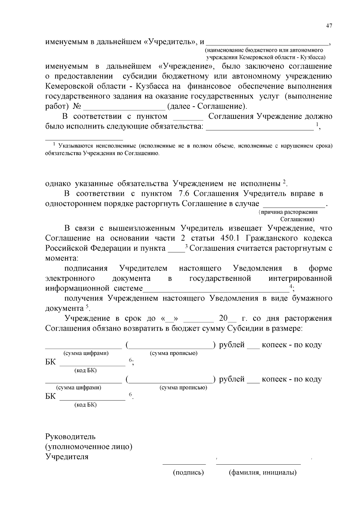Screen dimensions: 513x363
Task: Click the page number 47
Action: [329, 26]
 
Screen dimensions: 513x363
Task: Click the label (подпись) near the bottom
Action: [188, 472]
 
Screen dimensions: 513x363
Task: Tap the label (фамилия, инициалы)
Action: [262, 472]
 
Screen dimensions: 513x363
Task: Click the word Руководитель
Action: [70, 437]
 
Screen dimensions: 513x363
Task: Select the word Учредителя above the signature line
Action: [67, 456]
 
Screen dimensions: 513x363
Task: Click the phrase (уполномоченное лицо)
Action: [89, 446]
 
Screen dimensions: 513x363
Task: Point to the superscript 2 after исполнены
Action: [284, 182]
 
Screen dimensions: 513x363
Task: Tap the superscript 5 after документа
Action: [87, 307]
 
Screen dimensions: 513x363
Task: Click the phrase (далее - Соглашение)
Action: [207, 106]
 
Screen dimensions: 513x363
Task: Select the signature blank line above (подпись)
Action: [184, 463]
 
